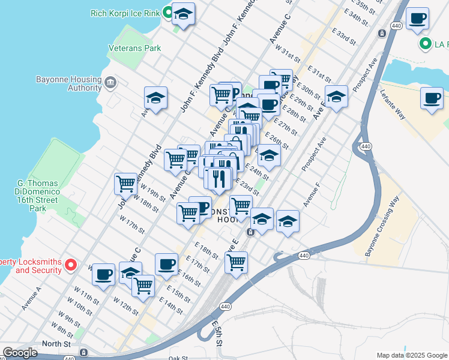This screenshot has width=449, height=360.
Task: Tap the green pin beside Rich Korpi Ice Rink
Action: (170, 12)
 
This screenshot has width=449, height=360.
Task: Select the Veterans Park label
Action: (135, 48)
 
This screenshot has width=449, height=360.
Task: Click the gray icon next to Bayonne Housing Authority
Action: (110, 82)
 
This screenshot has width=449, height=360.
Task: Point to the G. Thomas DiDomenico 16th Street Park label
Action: (38, 195)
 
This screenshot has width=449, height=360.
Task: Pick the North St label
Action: (56, 344)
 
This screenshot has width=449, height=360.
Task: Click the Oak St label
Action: (178, 358)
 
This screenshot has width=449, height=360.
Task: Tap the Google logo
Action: (20, 353)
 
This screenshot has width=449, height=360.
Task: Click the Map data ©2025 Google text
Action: (412, 355)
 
